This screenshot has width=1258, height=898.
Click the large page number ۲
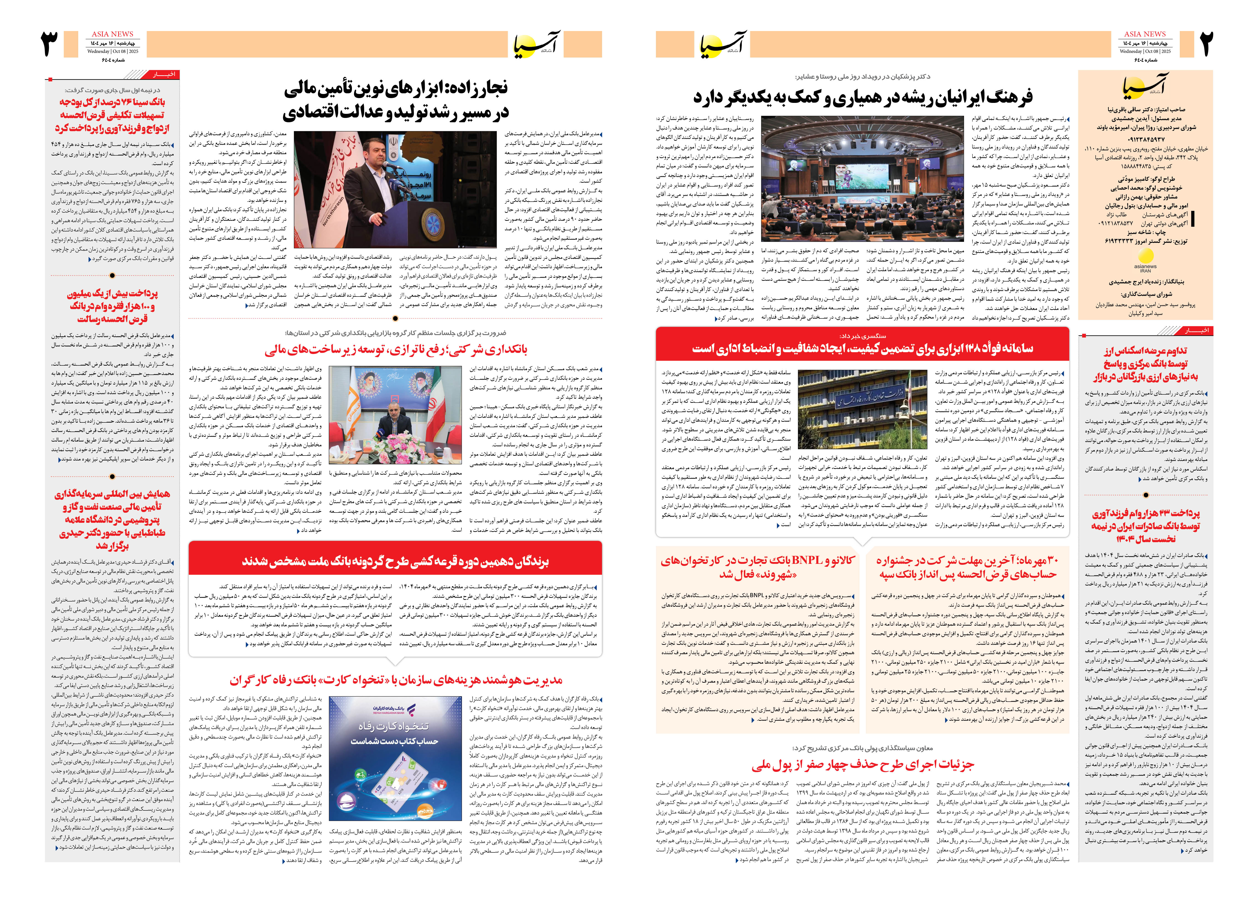point(1206,44)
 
